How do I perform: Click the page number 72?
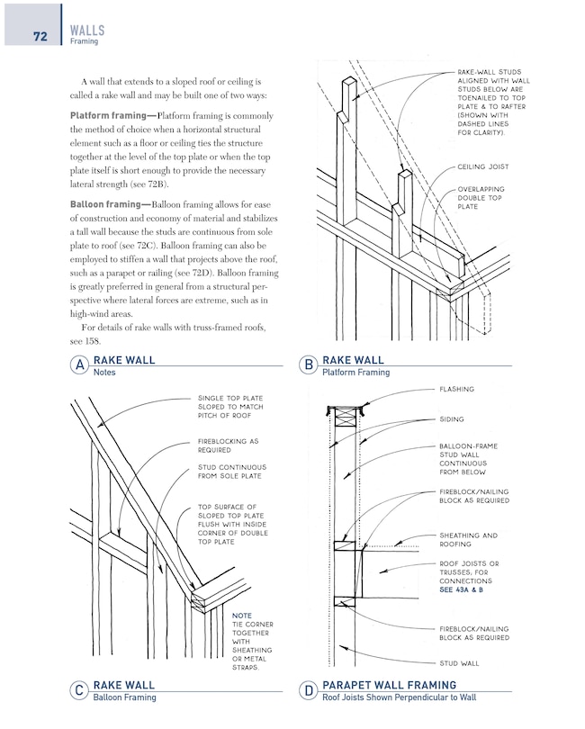(x=40, y=36)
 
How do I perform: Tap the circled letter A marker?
(x=79, y=364)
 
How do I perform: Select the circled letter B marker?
(x=308, y=364)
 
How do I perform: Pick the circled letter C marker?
(x=79, y=690)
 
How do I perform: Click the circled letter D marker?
(x=308, y=690)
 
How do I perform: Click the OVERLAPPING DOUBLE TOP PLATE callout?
(x=481, y=198)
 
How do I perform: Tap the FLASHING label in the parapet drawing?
(x=456, y=390)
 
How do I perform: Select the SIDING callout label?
(x=452, y=419)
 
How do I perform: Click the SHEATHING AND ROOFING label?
(x=468, y=540)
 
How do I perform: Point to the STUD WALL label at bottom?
(x=459, y=663)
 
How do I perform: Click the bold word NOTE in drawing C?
(x=240, y=615)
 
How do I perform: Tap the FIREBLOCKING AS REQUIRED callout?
(x=228, y=445)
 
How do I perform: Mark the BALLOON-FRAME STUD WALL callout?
(x=468, y=459)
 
